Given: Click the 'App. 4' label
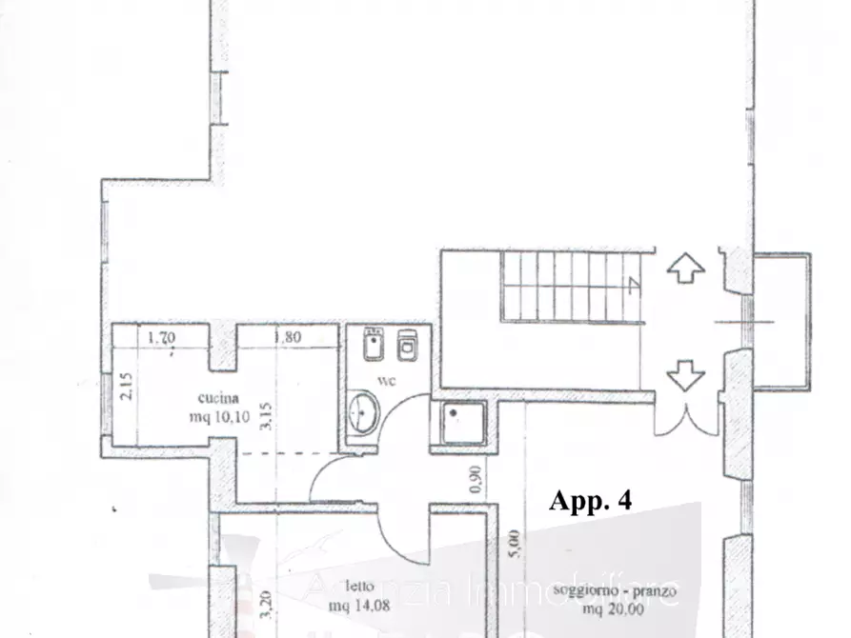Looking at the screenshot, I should (x=590, y=501).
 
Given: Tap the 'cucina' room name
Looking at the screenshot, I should (x=218, y=398).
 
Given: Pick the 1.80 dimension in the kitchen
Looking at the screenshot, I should (x=287, y=335).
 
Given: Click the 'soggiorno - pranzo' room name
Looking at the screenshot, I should (x=615, y=591).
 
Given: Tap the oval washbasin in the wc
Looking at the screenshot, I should (x=362, y=412).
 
